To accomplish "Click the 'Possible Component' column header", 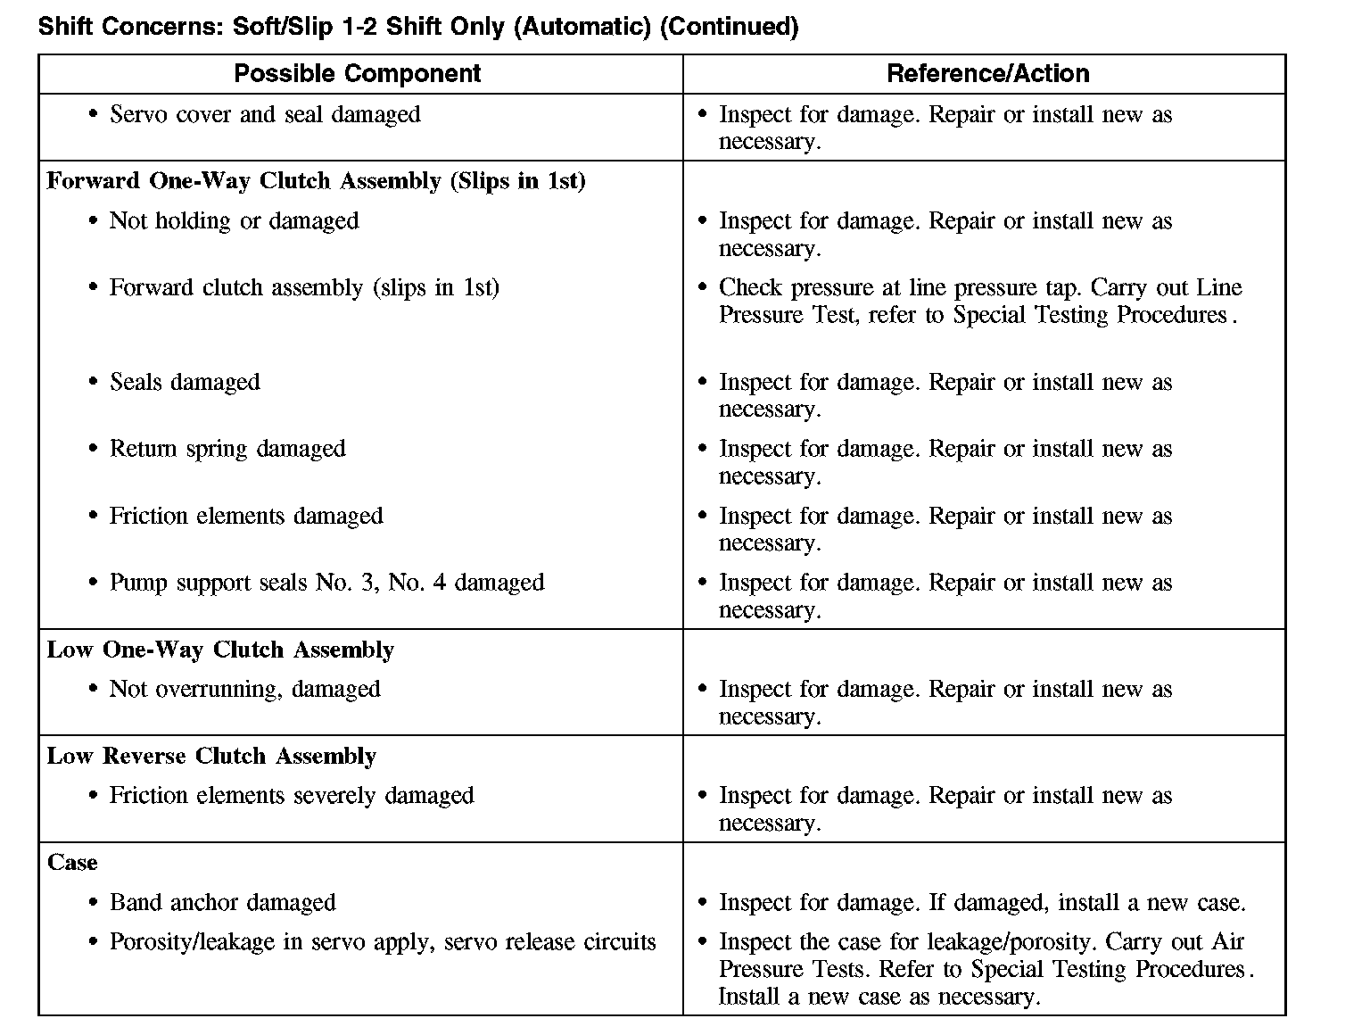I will pyautogui.click(x=357, y=73).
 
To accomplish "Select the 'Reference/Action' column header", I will pyautogui.click(x=987, y=73).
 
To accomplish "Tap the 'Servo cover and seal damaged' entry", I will pyautogui.click(x=264, y=114).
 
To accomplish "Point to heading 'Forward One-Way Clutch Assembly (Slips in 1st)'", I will pyautogui.click(x=316, y=181).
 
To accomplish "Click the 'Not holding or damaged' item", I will pyautogui.click(x=234, y=220).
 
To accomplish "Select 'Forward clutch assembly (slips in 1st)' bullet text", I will pyautogui.click(x=303, y=287).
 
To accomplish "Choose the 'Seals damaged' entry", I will pyautogui.click(x=185, y=382).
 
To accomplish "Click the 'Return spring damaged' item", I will pyautogui.click(x=227, y=448).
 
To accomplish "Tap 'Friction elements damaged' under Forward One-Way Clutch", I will pyautogui.click(x=246, y=516).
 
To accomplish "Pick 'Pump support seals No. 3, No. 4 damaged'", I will pyautogui.click(x=326, y=583).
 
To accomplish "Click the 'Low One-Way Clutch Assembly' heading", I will pyautogui.click(x=220, y=650).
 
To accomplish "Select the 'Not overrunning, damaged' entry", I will pyautogui.click(x=244, y=689).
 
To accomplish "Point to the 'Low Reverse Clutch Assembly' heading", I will pyautogui.click(x=211, y=756).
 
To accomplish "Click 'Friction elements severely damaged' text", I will pyautogui.click(x=291, y=795).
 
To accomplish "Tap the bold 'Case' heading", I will pyautogui.click(x=72, y=863).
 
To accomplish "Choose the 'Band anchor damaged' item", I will pyautogui.click(x=222, y=902).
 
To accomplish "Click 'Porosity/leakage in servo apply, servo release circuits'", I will pyautogui.click(x=382, y=942).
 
